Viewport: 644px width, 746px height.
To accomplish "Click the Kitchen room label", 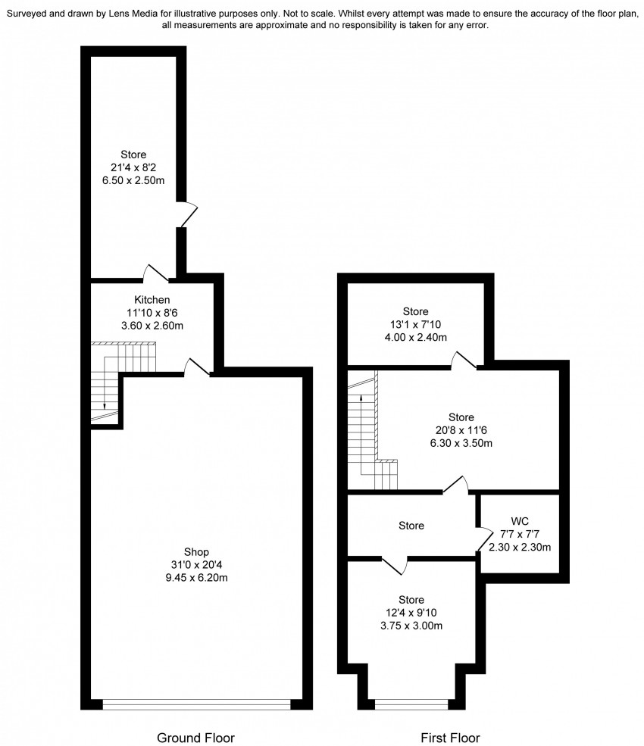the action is point(152,300).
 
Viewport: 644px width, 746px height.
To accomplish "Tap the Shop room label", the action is point(196,552).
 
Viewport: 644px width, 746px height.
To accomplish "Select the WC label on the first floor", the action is point(520,521).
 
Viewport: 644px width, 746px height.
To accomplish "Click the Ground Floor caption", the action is point(195,738).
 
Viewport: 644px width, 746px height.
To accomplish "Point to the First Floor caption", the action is point(450,738).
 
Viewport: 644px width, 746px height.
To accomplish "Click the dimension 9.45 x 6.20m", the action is point(196,578).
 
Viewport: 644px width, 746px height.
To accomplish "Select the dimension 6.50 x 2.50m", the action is point(133,181).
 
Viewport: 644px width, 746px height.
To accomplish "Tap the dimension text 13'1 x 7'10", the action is point(415,324).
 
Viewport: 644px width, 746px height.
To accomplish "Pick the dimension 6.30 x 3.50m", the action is point(461,443).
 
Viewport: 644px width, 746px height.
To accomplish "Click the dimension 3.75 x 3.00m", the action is point(411,626).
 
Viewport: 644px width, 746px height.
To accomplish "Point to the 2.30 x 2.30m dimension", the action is point(520,548).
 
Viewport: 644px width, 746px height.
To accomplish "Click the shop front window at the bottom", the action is point(196,704).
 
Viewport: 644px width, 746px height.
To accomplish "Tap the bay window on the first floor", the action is point(411,704).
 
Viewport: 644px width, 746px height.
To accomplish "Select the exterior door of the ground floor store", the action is point(187,214).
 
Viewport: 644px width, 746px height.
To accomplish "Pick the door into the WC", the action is point(486,539).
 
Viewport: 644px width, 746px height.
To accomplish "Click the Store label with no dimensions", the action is point(411,526).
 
